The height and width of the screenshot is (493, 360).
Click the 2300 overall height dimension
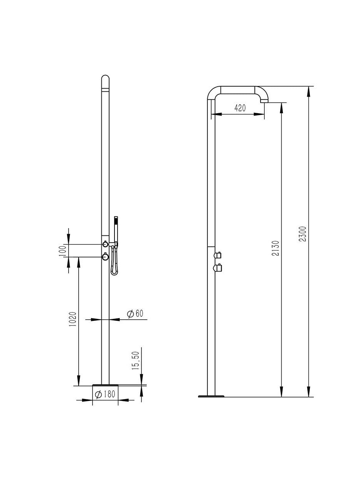click(303, 234)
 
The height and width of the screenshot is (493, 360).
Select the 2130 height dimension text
click(276, 249)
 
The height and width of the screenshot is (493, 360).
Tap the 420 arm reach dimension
click(240, 108)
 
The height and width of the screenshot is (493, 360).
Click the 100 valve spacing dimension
click(64, 250)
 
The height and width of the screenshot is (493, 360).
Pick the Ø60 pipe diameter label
click(135, 314)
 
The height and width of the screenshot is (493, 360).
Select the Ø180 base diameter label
click(105, 394)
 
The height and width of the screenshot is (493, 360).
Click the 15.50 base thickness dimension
click(136, 361)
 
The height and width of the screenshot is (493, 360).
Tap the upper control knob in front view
click(105, 243)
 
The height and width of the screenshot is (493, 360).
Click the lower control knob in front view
click(105, 257)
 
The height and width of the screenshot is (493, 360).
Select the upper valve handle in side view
click(218, 254)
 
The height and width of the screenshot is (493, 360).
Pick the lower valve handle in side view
click(218, 268)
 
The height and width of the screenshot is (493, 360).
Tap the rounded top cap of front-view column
click(105, 79)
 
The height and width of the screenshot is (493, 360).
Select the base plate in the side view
click(210, 396)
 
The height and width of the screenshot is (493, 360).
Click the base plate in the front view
click(105, 384)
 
